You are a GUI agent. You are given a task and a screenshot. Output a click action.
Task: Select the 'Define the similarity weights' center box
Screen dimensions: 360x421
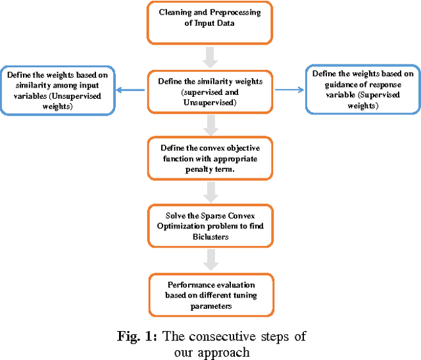pyautogui.click(x=210, y=90)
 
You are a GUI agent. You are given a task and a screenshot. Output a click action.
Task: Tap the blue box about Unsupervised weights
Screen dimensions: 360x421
pyautogui.click(x=59, y=88)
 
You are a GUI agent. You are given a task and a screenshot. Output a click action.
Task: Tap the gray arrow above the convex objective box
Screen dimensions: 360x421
pyautogui.click(x=210, y=124)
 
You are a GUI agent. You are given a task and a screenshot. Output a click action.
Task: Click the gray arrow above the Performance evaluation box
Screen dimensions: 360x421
pyautogui.click(x=210, y=261)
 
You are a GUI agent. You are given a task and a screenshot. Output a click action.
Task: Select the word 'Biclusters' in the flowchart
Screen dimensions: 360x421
pyautogui.click(x=210, y=237)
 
